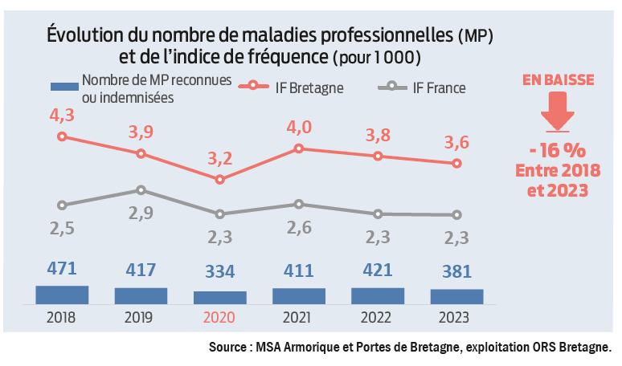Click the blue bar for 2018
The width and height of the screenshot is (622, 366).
pos(62,295)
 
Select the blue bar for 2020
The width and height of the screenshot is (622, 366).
pos(220,297)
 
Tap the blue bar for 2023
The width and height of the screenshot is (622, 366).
pos(456,296)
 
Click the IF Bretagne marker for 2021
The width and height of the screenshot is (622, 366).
pos(299,148)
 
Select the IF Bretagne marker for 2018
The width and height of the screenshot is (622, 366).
pos(62,136)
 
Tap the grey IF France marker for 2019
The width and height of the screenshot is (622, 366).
pos(141,190)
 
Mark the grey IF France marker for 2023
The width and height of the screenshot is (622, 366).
pos(456,214)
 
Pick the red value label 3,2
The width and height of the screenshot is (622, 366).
pos(220,158)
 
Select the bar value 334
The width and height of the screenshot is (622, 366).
pos(220,270)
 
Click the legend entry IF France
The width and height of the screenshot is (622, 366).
pos(438,87)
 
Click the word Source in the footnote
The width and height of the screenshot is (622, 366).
pos(228,348)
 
